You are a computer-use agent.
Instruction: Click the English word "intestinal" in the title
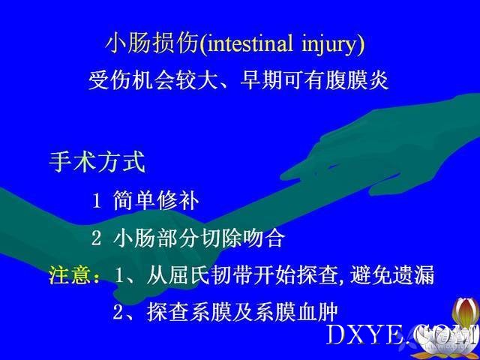pyautogui.click(x=250, y=43)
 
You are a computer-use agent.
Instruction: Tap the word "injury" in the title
pyautogui.click(x=328, y=45)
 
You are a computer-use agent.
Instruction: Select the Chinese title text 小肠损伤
pyautogui.click(x=151, y=43)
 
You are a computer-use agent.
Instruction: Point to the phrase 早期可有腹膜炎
pyautogui.click(x=314, y=80)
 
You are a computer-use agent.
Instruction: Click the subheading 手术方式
pyautogui.click(x=97, y=161)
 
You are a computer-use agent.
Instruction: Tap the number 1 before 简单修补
pyautogui.click(x=97, y=201)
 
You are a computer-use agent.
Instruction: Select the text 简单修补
pyautogui.click(x=156, y=200)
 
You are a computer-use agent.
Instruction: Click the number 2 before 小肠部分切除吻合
pyautogui.click(x=96, y=238)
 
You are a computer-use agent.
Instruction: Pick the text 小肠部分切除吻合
pyautogui.click(x=199, y=238)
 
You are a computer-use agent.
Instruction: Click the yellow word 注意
pyautogui.click(x=70, y=274)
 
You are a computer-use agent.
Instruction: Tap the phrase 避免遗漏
pyautogui.click(x=392, y=274)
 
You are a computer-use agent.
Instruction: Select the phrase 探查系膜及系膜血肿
pyautogui.click(x=242, y=312)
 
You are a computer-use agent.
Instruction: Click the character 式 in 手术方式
pyautogui.click(x=134, y=161)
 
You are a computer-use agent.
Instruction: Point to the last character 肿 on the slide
pyautogui.click(x=328, y=312)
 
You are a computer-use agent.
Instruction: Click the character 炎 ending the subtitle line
pyautogui.click(x=378, y=80)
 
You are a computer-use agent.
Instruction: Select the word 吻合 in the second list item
pyautogui.click(x=264, y=238)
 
